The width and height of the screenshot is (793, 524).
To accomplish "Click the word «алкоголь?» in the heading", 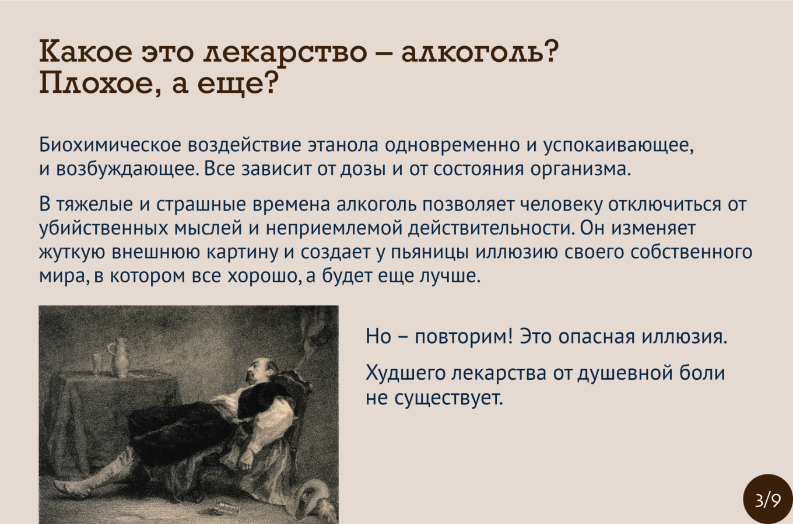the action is click(478, 52).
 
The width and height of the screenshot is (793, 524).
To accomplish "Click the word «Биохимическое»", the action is click(110, 145).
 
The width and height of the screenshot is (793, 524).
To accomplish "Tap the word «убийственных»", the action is click(103, 229).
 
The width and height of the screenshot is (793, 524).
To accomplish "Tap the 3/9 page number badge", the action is click(767, 500).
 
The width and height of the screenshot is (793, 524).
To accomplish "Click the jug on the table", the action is click(120, 358).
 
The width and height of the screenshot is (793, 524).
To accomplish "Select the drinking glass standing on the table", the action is click(96, 364).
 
